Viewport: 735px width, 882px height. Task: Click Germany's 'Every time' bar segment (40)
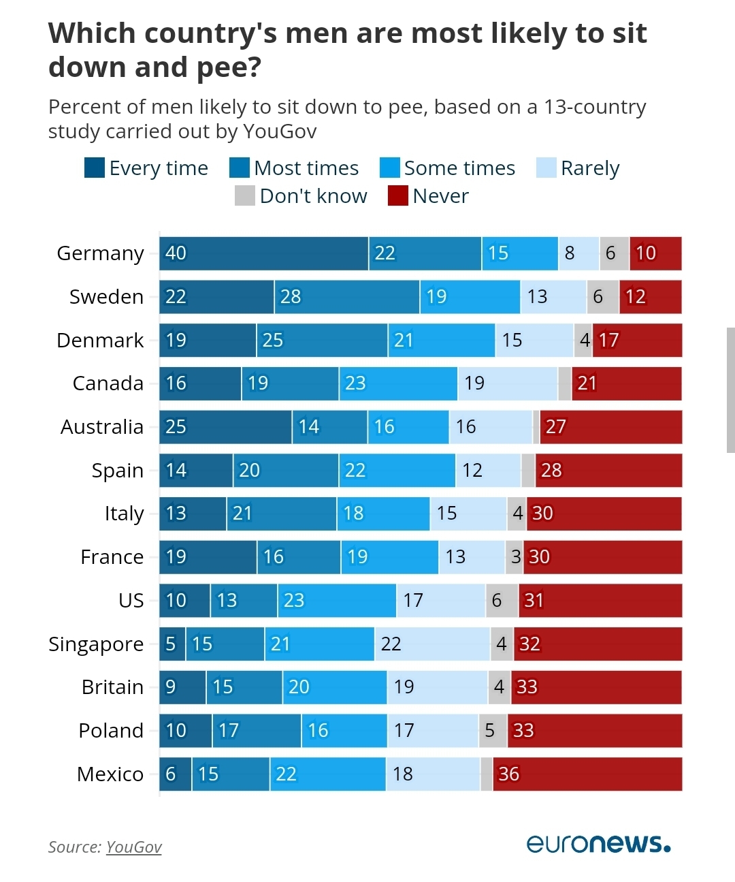(264, 253)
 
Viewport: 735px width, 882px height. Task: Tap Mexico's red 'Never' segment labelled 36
(587, 774)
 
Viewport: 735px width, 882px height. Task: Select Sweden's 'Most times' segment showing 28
(346, 297)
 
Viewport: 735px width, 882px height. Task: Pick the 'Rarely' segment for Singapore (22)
(432, 644)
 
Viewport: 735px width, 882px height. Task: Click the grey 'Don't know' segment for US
(502, 600)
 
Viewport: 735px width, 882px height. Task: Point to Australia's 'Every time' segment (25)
(225, 427)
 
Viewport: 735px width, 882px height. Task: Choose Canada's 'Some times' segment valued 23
(398, 383)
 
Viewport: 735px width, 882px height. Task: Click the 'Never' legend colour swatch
(397, 195)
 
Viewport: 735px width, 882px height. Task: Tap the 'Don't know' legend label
(313, 196)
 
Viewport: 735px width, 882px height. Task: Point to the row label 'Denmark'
(100, 340)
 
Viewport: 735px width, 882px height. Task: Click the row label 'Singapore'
(96, 644)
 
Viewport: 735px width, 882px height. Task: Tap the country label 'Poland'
(111, 731)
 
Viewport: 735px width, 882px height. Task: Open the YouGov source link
(134, 847)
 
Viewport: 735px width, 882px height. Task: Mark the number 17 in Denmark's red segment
(608, 340)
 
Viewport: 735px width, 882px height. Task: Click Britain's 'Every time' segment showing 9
(182, 687)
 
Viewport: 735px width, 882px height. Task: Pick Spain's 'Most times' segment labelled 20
(286, 470)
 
